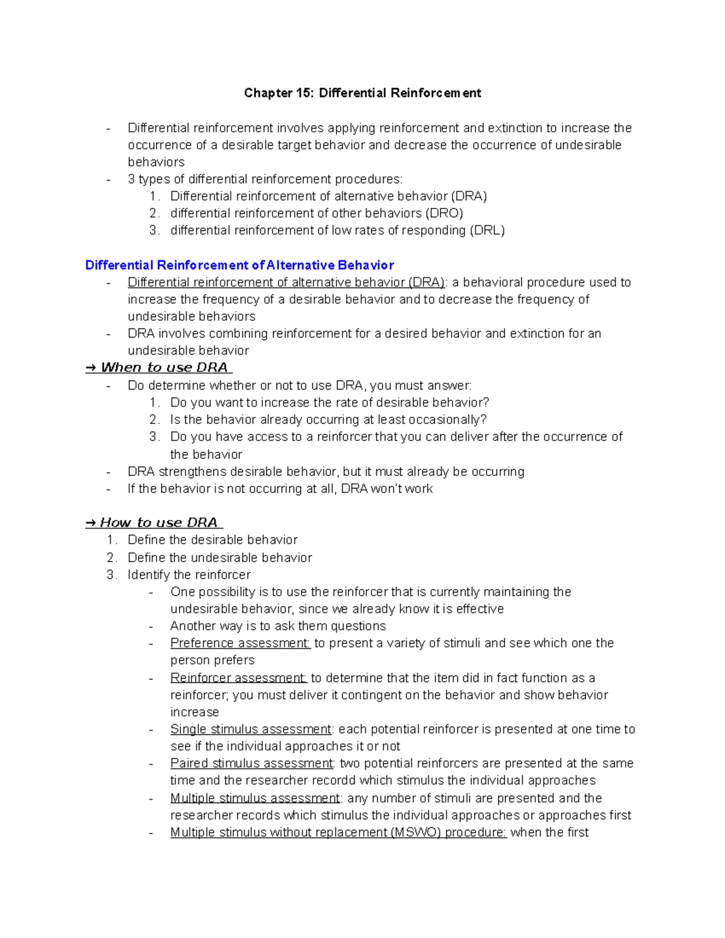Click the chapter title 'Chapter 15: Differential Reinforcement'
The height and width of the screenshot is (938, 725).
(x=362, y=93)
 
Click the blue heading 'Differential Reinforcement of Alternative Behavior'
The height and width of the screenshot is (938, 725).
(x=239, y=265)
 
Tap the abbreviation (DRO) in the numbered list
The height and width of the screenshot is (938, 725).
(x=444, y=213)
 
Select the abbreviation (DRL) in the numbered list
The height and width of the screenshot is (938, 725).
(x=487, y=230)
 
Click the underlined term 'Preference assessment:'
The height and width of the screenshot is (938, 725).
(x=240, y=643)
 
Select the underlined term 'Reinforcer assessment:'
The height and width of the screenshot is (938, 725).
(x=238, y=678)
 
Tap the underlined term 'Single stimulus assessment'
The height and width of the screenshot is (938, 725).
(x=250, y=729)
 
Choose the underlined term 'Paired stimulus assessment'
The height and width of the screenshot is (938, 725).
(x=251, y=763)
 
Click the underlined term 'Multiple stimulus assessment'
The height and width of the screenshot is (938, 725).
(x=254, y=798)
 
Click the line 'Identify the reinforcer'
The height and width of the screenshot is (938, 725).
(x=189, y=574)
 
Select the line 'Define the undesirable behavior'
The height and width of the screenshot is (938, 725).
(x=220, y=557)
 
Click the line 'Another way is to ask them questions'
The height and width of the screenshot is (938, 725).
(x=278, y=626)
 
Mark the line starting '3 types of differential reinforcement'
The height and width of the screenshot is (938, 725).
(x=265, y=179)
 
